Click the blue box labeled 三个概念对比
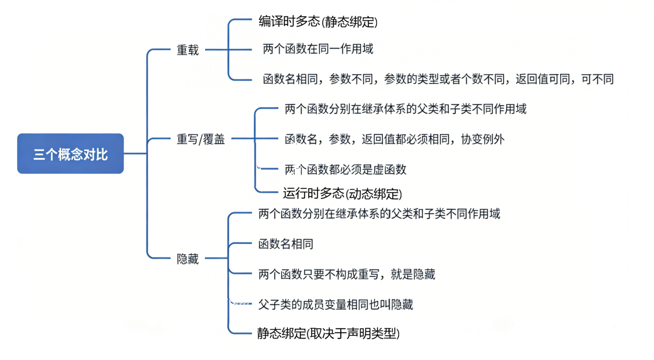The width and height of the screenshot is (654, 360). pyautogui.click(x=70, y=154)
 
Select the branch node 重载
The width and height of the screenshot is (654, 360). pyautogui.click(x=188, y=50)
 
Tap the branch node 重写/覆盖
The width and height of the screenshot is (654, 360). pyautogui.click(x=201, y=139)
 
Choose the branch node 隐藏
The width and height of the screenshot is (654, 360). pyautogui.click(x=188, y=259)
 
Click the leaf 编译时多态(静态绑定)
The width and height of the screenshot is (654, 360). pyautogui.click(x=318, y=21)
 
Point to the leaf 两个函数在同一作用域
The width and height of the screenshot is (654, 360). pyautogui.click(x=318, y=49)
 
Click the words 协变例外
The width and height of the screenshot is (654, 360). pyautogui.click(x=482, y=139)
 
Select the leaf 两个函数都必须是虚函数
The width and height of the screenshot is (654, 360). pyautogui.click(x=345, y=170)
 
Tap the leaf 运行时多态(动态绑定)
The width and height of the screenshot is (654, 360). pyautogui.click(x=342, y=193)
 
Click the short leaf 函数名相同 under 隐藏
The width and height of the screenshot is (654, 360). pyautogui.click(x=286, y=244)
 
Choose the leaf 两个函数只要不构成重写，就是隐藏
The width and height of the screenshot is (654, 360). pyautogui.click(x=347, y=274)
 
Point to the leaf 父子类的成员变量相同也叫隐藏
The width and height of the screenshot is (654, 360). pyautogui.click(x=335, y=304)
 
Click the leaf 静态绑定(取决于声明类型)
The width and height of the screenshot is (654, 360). pyautogui.click(x=328, y=333)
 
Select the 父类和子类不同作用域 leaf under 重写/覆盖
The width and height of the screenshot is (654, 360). pyautogui.click(x=405, y=109)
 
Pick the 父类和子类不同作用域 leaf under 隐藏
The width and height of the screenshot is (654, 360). pyautogui.click(x=379, y=214)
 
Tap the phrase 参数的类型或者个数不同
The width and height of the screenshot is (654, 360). pyautogui.click(x=444, y=79)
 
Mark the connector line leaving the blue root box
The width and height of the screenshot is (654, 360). pyautogui.click(x=135, y=154)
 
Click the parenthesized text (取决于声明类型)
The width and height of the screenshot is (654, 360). pyautogui.click(x=353, y=333)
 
